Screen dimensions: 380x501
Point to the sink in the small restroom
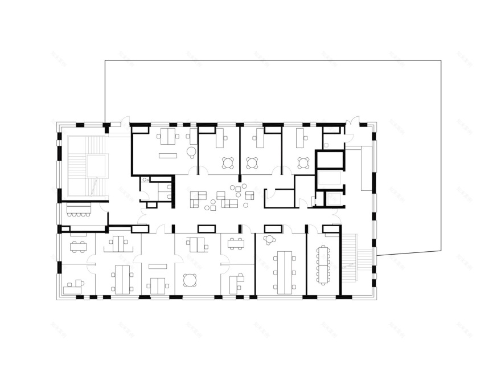[x=145, y=180]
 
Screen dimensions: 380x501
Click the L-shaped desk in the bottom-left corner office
[x=72, y=286]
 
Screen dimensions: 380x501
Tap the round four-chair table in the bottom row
[x=189, y=280]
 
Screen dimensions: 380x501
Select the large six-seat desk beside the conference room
[x=283, y=272]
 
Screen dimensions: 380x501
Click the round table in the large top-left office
[x=192, y=152]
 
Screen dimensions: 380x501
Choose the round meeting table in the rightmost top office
[x=302, y=163]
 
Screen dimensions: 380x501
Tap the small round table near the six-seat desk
[x=269, y=240]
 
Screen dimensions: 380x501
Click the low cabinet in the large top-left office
[x=167, y=155]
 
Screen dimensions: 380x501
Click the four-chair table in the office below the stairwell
[x=78, y=246]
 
